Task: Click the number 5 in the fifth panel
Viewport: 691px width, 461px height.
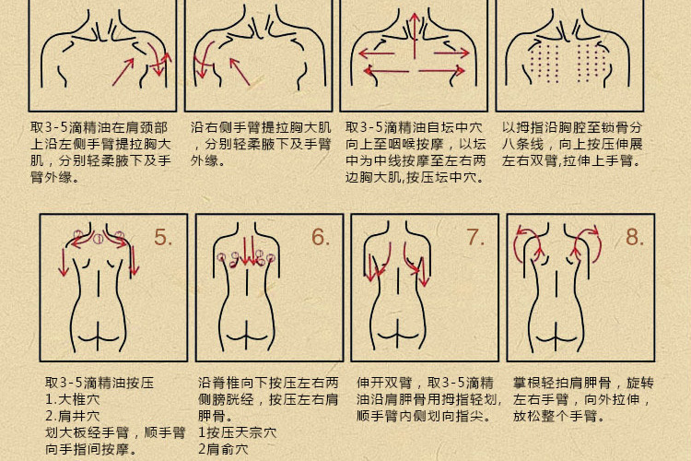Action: [163, 237]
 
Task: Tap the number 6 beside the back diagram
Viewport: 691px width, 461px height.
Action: [320, 237]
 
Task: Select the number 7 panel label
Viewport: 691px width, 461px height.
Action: [475, 237]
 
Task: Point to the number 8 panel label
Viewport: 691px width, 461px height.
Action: [635, 237]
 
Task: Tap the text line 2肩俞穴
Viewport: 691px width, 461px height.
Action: [224, 449]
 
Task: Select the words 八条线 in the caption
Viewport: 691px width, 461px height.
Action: [529, 144]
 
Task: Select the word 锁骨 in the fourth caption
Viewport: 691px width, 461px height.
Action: [615, 127]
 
